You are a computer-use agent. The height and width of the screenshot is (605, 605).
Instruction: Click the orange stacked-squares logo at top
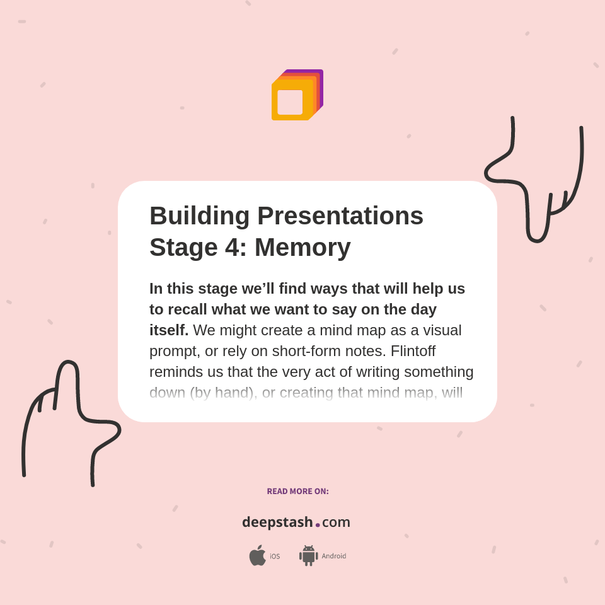[x=296, y=95]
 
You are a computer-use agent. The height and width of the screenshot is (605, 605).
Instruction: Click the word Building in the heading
[x=200, y=216]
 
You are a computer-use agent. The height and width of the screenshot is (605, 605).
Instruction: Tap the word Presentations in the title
[x=340, y=216]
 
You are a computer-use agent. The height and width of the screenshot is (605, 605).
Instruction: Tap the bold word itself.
[x=168, y=330]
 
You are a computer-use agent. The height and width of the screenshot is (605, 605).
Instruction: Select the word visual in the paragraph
[x=439, y=330]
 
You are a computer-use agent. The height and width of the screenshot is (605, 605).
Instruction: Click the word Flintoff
[x=413, y=351]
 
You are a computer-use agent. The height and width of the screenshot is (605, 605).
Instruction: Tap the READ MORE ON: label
[x=297, y=492]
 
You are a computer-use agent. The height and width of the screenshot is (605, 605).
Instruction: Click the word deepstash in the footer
[x=277, y=522]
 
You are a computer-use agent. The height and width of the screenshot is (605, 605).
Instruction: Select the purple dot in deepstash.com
[x=318, y=525]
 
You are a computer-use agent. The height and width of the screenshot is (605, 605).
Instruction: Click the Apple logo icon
[x=257, y=556]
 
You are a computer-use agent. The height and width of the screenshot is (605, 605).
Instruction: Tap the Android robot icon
[x=308, y=556]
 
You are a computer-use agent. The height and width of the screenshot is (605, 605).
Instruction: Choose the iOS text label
[x=275, y=556]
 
